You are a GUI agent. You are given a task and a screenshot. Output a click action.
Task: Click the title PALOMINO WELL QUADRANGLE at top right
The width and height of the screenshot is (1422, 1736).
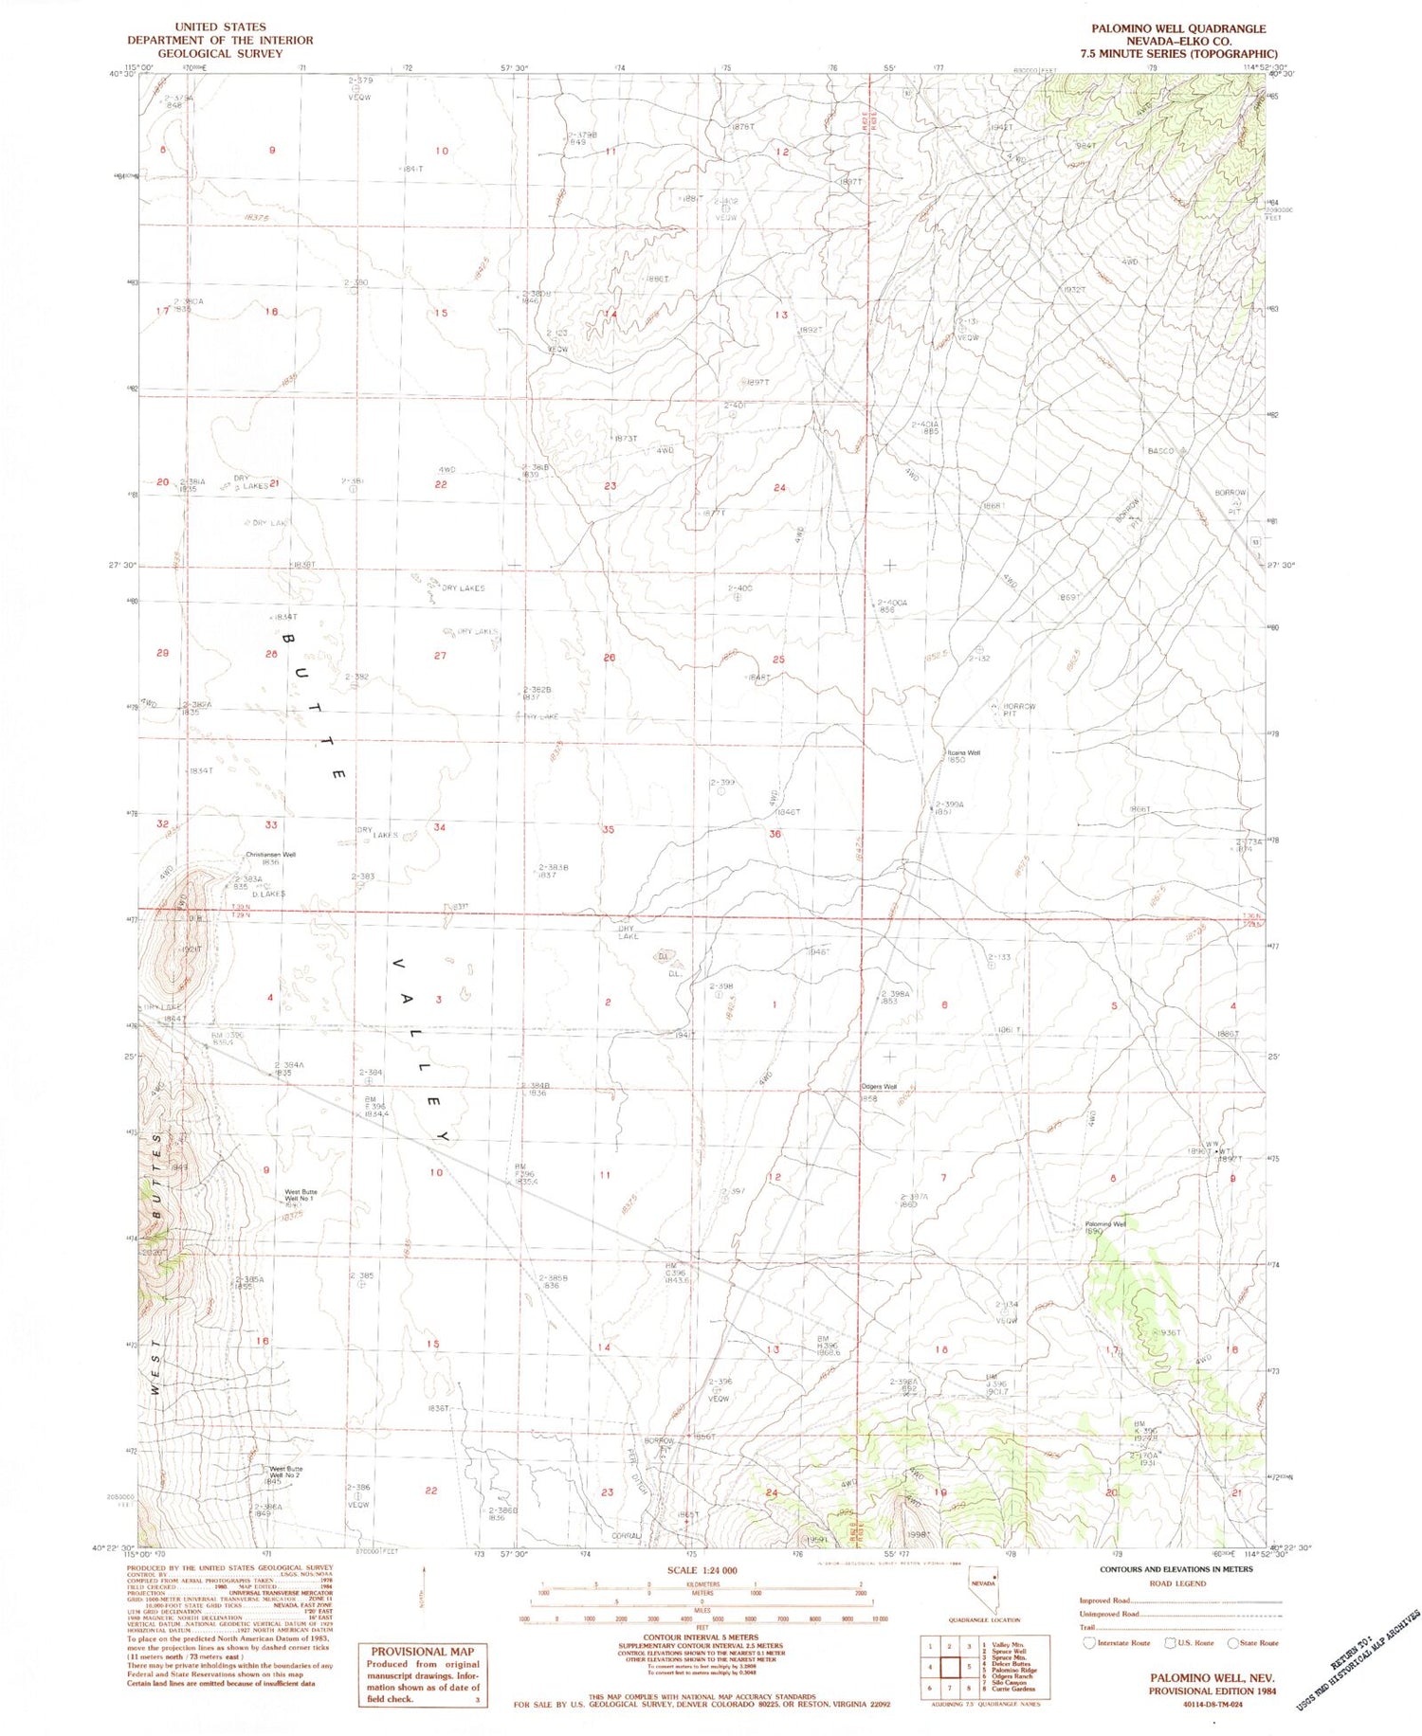tap(1177, 28)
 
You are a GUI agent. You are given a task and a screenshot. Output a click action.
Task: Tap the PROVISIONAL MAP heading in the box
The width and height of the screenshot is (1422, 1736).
tap(422, 1651)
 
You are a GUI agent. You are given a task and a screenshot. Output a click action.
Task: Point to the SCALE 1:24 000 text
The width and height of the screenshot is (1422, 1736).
tap(702, 1570)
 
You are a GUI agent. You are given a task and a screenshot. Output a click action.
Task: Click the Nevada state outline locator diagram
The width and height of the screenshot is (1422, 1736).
tap(983, 1591)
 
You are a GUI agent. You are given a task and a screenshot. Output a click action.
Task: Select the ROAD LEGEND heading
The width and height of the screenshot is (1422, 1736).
tap(1177, 1583)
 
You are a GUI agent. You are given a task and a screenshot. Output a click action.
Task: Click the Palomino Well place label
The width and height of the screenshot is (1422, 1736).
tap(1105, 1223)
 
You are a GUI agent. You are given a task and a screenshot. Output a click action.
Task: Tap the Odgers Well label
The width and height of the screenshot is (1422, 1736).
tap(878, 1087)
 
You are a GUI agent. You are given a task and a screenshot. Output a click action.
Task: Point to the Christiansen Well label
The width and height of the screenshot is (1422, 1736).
tap(271, 855)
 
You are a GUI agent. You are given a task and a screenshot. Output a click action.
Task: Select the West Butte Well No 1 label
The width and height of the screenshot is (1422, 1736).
tap(301, 1195)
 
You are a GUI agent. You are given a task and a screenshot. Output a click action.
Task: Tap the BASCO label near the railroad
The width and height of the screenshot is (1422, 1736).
tap(1161, 451)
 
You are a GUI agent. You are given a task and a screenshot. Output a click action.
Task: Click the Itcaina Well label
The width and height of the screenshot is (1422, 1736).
tap(963, 753)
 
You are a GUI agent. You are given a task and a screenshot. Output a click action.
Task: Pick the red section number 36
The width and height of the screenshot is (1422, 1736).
tap(775, 834)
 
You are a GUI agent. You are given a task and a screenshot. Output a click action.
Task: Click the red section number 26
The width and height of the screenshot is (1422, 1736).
tap(610, 657)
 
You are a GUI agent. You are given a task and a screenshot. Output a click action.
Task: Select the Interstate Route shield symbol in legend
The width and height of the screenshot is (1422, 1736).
tap(1089, 1643)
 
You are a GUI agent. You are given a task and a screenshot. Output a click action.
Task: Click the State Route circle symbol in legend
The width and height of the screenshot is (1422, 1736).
tap(1232, 1643)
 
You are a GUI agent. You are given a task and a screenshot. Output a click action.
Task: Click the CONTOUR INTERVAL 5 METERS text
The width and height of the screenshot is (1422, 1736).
tap(702, 1637)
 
